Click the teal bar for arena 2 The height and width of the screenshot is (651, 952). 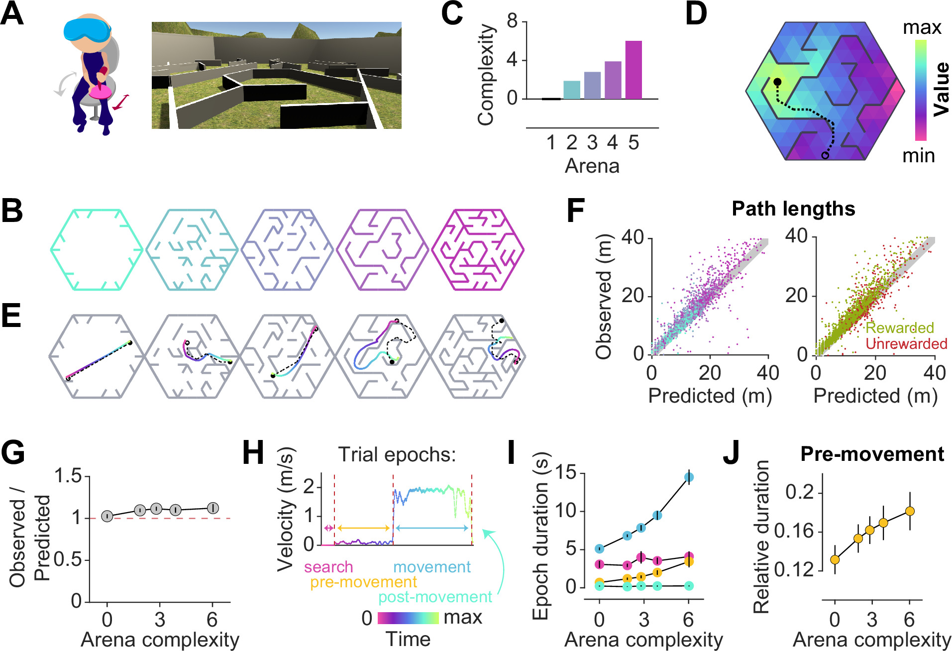(571, 90)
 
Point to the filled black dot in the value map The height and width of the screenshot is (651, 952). (777, 82)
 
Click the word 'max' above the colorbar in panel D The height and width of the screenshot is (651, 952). (922, 27)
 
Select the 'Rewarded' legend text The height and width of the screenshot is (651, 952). (899, 328)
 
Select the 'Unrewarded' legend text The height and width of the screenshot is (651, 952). (906, 344)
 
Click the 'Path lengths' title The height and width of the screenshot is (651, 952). (793, 209)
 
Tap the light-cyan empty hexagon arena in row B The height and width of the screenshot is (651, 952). (97, 250)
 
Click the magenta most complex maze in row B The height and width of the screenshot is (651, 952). (478, 250)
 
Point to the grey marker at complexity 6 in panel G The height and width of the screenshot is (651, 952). (212, 508)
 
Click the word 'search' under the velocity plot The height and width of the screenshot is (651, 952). (328, 567)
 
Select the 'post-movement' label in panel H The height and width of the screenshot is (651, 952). (435, 597)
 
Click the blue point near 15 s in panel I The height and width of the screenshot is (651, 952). (689, 477)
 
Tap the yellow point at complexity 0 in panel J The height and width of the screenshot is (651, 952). (835, 559)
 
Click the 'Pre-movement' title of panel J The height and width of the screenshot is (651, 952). (872, 454)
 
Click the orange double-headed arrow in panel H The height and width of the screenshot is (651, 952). (363, 528)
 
